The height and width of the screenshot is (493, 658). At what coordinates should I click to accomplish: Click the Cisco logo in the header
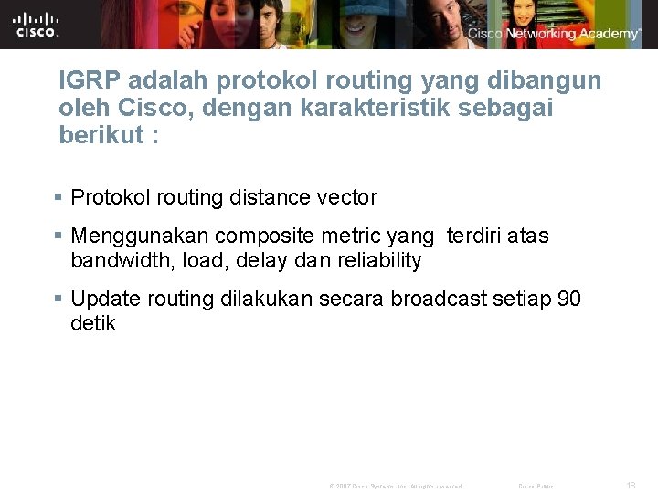pyautogui.click(x=37, y=25)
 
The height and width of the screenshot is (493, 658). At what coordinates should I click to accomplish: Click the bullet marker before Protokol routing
pyautogui.click(x=59, y=197)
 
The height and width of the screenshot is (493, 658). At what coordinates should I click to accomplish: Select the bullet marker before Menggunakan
pyautogui.click(x=59, y=236)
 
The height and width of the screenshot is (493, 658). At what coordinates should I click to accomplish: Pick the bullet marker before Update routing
pyautogui.click(x=59, y=299)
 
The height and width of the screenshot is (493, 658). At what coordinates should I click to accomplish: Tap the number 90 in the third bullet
pyautogui.click(x=568, y=299)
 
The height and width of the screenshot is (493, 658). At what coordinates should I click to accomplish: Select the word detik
pyautogui.click(x=93, y=324)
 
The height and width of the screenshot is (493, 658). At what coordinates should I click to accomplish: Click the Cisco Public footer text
pyautogui.click(x=536, y=487)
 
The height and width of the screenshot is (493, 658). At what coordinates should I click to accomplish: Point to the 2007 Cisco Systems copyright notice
pyautogui.click(x=395, y=487)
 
